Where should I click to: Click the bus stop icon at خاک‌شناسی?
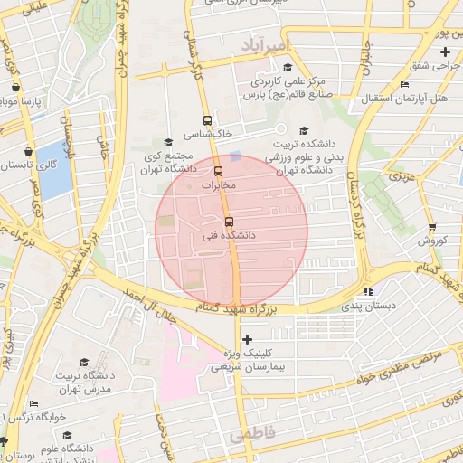(x=208, y=120)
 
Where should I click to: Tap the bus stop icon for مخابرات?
(x=218, y=171)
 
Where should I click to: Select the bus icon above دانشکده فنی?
(x=227, y=221)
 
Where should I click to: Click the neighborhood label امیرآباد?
(x=267, y=44)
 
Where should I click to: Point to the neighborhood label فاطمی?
(x=251, y=435)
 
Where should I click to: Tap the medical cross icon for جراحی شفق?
(x=445, y=52)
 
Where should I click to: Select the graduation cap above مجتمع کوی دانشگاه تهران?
(x=167, y=142)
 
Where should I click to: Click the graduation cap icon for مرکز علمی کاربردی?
(x=288, y=67)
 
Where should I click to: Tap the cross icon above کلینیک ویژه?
(x=247, y=339)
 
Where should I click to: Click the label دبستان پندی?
(x=368, y=307)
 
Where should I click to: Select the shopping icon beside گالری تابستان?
(x=31, y=151)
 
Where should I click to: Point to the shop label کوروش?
(x=433, y=241)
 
